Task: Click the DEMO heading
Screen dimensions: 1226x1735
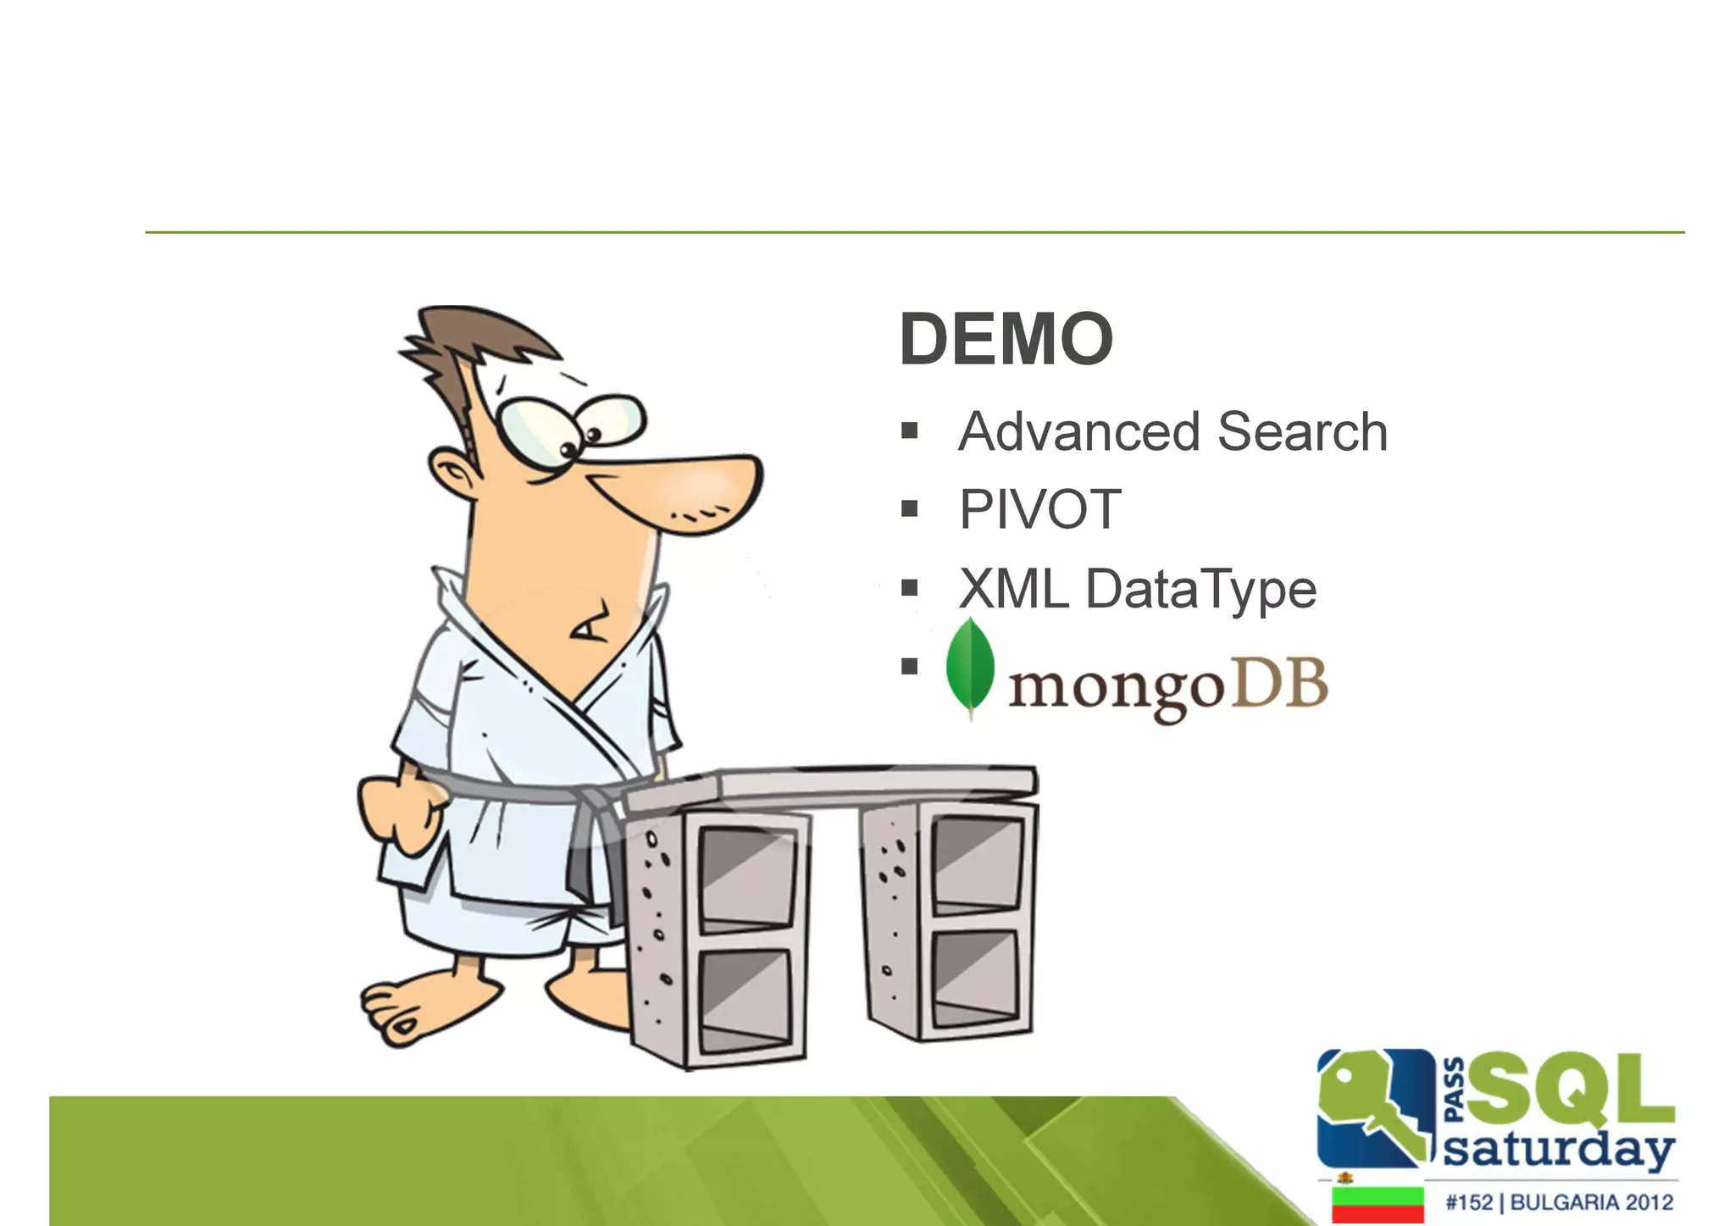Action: click(1006, 340)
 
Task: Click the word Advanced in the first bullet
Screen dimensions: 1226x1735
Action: click(1078, 432)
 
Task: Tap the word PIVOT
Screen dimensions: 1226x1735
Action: click(1039, 510)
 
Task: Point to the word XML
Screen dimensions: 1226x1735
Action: click(1013, 589)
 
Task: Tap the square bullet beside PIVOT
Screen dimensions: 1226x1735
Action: click(910, 509)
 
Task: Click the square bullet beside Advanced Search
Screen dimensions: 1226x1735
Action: click(910, 431)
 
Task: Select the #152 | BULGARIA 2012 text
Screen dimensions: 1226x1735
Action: click(1559, 1202)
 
